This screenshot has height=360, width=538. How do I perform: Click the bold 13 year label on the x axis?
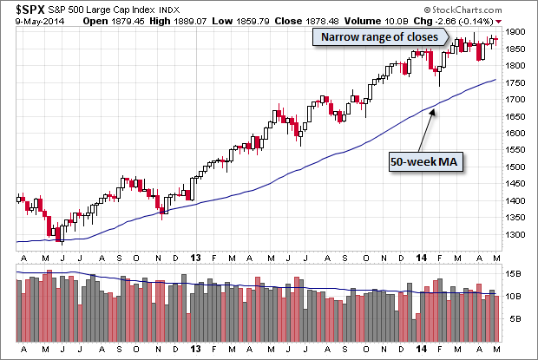[x=196, y=257]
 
